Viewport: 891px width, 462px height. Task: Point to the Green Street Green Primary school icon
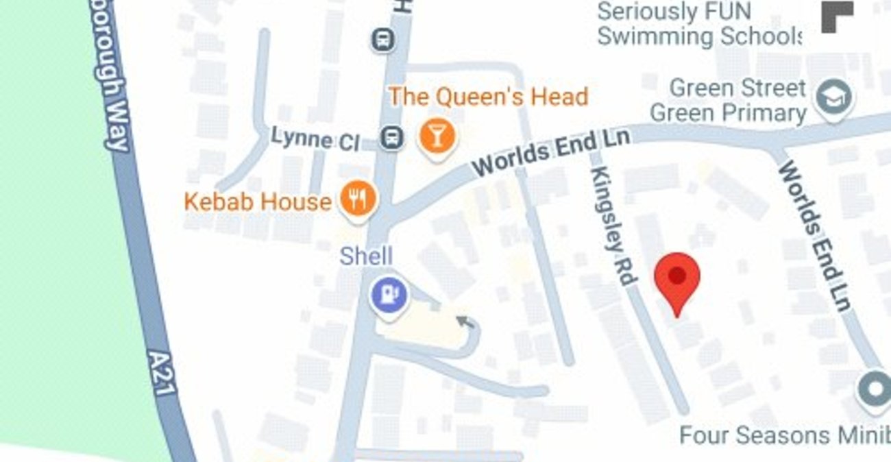click(833, 98)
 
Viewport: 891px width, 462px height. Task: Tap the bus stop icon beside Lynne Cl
click(391, 138)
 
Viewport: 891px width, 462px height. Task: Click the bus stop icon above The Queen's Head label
click(383, 39)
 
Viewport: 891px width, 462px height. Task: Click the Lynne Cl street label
click(315, 139)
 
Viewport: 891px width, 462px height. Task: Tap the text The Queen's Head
click(488, 97)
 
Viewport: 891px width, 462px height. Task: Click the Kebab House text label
click(258, 202)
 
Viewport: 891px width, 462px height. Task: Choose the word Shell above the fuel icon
click(366, 257)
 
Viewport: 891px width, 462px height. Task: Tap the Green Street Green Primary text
click(729, 101)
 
